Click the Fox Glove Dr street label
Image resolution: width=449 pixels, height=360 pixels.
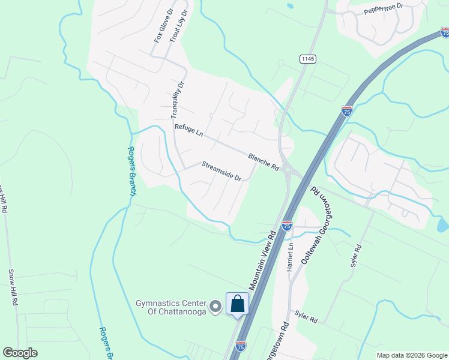click(x=163, y=26)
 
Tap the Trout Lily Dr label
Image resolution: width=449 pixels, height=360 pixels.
click(x=178, y=26)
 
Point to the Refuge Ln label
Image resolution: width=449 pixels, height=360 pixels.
click(x=189, y=131)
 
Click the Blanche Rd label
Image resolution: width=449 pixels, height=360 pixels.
click(x=264, y=161)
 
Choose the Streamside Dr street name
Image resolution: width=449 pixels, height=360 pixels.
click(x=221, y=171)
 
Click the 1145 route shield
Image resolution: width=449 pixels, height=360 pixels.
click(x=308, y=59)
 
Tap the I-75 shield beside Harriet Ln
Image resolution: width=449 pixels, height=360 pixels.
click(x=287, y=225)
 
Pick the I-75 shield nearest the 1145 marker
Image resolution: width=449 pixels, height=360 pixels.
click(x=346, y=111)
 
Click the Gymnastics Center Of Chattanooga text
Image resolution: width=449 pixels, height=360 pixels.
click(x=170, y=307)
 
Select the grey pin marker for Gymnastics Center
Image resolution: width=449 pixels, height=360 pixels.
click(x=216, y=307)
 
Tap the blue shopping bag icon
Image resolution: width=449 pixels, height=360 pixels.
click(x=237, y=304)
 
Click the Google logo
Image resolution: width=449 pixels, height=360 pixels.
click(x=20, y=353)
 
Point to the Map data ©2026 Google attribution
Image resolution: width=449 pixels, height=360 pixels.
click(x=411, y=355)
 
